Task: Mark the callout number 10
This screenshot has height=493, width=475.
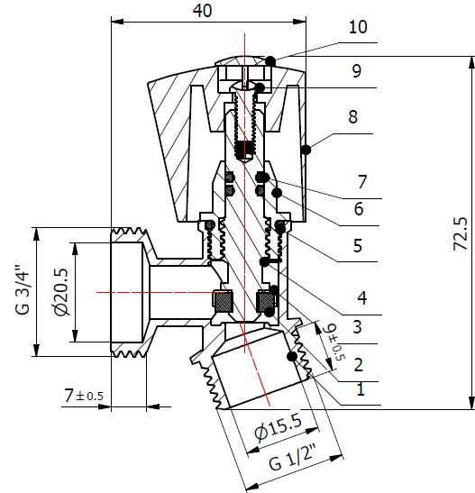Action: (x=358, y=27)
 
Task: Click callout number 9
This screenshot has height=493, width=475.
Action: (x=357, y=69)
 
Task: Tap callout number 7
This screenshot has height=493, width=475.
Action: (x=360, y=179)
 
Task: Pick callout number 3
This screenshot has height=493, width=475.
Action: (x=358, y=325)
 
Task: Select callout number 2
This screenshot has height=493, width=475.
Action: (x=358, y=364)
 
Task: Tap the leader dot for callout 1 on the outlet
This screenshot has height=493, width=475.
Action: (x=291, y=357)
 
